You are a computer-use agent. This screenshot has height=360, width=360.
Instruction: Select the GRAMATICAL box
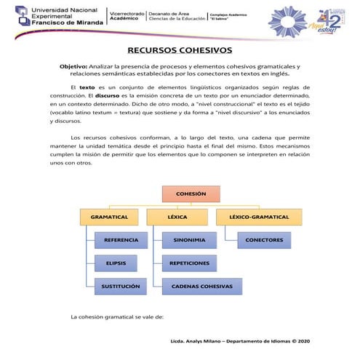(109, 217)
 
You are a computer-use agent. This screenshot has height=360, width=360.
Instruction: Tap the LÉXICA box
(177, 217)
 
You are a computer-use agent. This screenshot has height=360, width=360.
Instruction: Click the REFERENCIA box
(121, 239)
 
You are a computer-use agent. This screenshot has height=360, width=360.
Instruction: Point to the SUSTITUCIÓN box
(121, 287)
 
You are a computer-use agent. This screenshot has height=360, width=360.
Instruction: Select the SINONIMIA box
(188, 239)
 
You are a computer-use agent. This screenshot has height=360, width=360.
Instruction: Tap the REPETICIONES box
(188, 263)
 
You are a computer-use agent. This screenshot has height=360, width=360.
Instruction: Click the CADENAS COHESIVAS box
(201, 287)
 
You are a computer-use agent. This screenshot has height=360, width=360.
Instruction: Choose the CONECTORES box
(264, 239)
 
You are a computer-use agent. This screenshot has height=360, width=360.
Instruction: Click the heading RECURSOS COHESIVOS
(180, 50)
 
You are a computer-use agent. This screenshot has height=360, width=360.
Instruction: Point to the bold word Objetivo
(73, 66)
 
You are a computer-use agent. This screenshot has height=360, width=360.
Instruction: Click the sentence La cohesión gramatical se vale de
(116, 317)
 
